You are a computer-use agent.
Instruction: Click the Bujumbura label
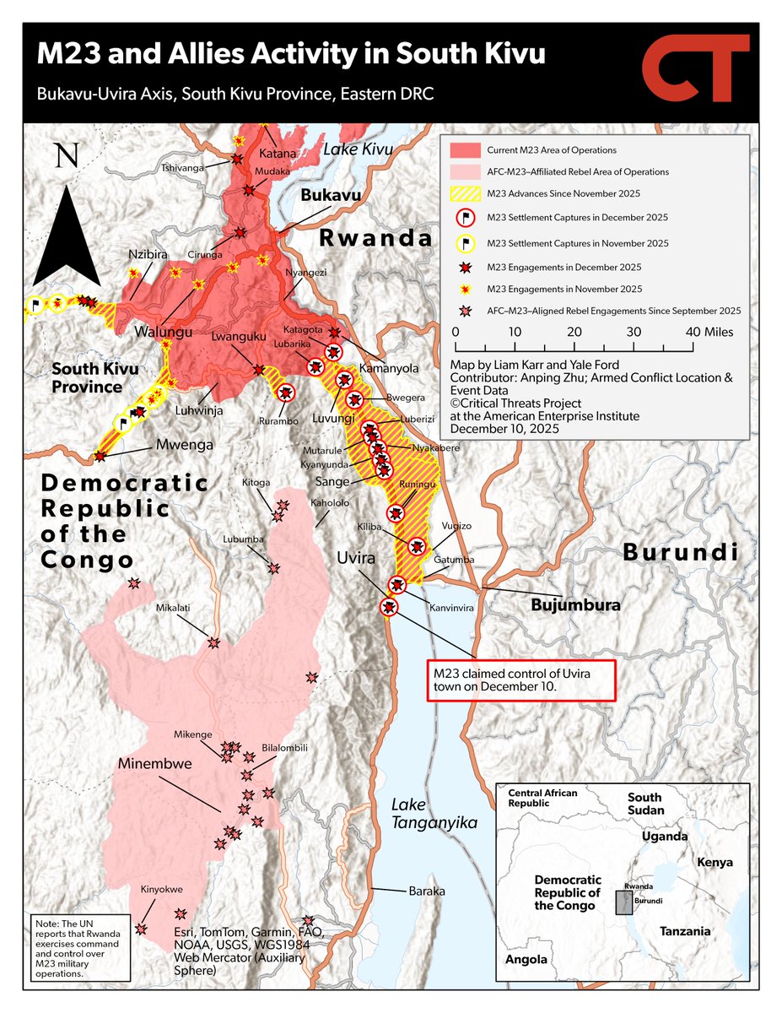click(575, 605)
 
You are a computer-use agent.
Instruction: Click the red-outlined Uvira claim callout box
click(521, 680)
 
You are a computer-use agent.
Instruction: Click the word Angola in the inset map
click(526, 959)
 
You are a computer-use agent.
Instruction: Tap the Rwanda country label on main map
click(375, 238)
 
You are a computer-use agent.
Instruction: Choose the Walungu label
click(163, 331)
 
